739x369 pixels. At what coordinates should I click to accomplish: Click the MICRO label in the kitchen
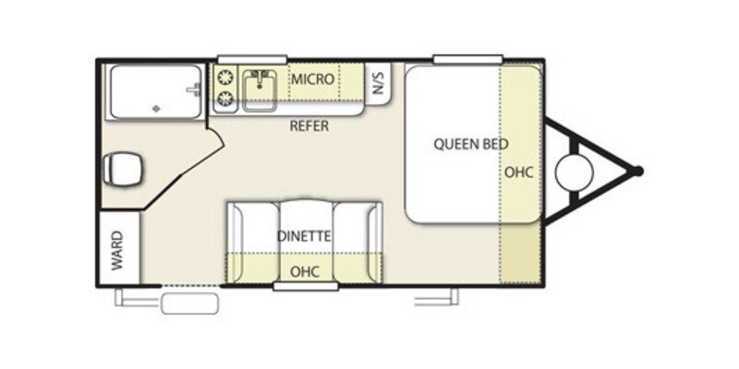click(x=312, y=79)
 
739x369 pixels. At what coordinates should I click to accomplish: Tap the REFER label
click(x=309, y=126)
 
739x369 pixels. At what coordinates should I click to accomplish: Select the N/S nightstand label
click(x=379, y=84)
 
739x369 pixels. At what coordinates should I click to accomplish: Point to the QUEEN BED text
click(x=471, y=144)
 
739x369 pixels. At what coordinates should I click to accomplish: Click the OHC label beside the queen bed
click(x=519, y=173)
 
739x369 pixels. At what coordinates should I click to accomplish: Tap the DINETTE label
click(x=304, y=236)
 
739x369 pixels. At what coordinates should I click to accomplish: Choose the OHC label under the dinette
click(x=305, y=271)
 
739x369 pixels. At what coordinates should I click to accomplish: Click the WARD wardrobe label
click(x=117, y=250)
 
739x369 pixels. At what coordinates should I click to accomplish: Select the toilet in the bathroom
click(x=123, y=169)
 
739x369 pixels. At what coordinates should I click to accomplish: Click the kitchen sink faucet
click(x=259, y=78)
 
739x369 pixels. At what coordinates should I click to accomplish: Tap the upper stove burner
click(x=225, y=77)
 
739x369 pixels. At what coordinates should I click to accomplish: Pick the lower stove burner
click(x=225, y=98)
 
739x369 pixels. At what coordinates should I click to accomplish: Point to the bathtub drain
click(x=156, y=109)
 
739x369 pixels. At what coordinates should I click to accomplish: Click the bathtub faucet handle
click(x=195, y=89)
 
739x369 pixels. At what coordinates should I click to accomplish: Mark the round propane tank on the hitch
click(x=574, y=173)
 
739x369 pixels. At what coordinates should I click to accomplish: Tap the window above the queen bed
click(x=468, y=59)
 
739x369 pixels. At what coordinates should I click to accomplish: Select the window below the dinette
click(x=306, y=286)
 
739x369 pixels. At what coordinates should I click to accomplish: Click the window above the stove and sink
click(x=252, y=60)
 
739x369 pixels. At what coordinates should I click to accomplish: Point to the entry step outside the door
click(x=190, y=304)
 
